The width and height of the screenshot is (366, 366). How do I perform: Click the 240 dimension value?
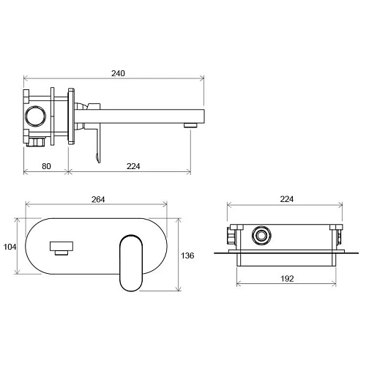click(118, 73)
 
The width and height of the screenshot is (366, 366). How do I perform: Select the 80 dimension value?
click(46, 166)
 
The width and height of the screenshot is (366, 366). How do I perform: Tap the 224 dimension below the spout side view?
click(133, 166)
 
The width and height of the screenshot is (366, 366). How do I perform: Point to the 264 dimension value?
click(98, 200)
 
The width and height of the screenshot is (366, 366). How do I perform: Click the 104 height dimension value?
click(10, 247)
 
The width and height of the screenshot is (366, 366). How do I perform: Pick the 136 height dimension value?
click(187, 255)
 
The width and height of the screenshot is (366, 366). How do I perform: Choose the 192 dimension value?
click(287, 279)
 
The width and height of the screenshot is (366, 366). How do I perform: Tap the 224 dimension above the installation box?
click(287, 199)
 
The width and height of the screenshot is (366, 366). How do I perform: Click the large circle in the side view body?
click(36, 116)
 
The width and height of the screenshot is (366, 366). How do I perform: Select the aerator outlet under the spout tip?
click(190, 125)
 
